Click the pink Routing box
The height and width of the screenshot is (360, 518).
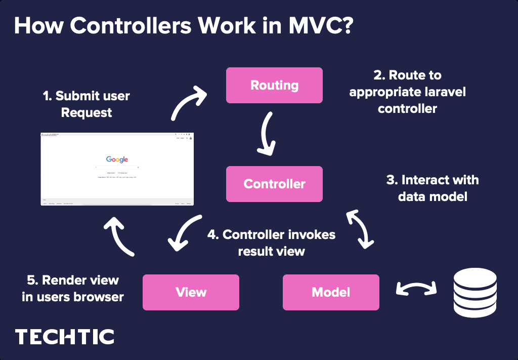point(274,85)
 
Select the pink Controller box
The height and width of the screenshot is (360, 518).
point(274,184)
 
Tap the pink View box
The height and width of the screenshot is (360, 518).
point(191,292)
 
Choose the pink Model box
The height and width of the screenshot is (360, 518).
point(331,292)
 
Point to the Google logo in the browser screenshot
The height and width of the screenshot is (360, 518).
point(117,159)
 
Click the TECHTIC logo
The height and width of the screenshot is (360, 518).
point(65,337)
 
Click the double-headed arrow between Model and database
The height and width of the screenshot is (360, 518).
point(416,289)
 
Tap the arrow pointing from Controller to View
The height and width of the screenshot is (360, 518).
point(184,232)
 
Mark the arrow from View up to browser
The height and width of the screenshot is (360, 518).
point(120,235)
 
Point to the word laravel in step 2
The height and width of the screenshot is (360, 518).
point(442,92)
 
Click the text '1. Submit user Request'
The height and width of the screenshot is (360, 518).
point(87,104)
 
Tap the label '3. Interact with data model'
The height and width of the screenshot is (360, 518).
point(432,188)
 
